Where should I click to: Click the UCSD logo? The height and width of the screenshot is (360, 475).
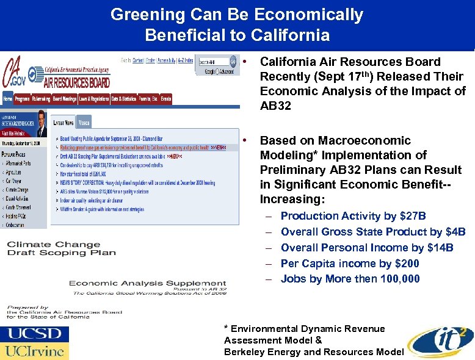coord(34,334)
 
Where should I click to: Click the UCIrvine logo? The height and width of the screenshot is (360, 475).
coord(34,351)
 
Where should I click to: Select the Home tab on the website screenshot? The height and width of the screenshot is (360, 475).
coord(9,98)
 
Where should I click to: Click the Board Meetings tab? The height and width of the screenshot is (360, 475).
coord(64,98)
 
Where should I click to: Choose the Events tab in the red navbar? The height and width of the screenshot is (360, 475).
coord(165,98)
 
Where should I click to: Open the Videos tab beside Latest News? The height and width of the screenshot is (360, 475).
coord(84,121)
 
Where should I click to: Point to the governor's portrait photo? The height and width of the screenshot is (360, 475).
coord(40,124)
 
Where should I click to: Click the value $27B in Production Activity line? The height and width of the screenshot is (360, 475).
coord(413,216)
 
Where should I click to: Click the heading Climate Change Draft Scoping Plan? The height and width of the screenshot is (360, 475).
coord(61,248)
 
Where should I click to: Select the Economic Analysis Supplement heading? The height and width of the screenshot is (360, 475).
coord(147,283)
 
